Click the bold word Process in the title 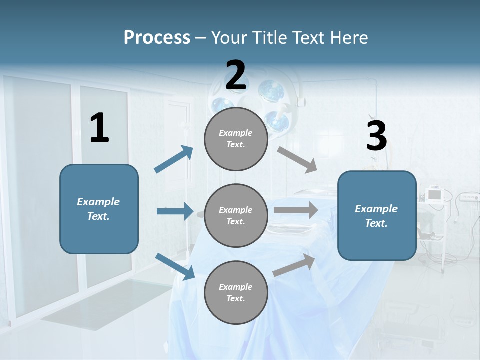coord(157,37)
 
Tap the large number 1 coord(99,128)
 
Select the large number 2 coord(236,75)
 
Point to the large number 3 coord(376,136)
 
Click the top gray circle coord(236,139)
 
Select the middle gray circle coord(236,216)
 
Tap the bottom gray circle coord(236,293)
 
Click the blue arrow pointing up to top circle coord(174,159)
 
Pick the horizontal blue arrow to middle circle coord(175,211)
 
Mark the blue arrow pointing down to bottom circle coord(175,266)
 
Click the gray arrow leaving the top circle coord(297,159)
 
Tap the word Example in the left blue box coord(98,202)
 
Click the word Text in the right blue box coord(376,223)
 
